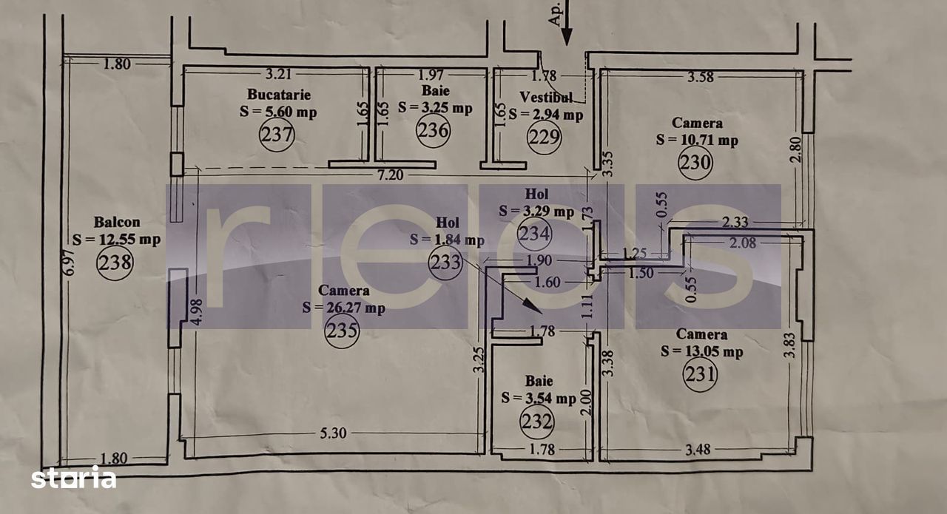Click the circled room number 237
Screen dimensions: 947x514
point(277,135)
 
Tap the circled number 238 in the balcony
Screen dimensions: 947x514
point(115,263)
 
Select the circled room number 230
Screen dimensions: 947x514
point(695,162)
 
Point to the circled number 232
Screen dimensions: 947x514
point(537,422)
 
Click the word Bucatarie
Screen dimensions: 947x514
point(279,94)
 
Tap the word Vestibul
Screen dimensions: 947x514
point(546,97)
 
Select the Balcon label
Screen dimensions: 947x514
point(117,222)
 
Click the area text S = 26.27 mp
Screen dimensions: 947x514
point(344,308)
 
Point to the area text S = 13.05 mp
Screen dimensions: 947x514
point(702,351)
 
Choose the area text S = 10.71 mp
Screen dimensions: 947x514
point(697,140)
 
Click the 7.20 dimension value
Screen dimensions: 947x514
point(390,175)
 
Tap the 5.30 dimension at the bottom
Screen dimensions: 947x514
point(333,433)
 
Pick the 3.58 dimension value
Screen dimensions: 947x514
point(701,76)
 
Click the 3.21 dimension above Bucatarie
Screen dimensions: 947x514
point(278,74)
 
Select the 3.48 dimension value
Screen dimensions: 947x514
point(698,449)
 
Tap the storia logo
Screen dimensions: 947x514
point(73,477)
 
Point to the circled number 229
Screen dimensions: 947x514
point(544,137)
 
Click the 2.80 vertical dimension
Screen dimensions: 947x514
point(795,149)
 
